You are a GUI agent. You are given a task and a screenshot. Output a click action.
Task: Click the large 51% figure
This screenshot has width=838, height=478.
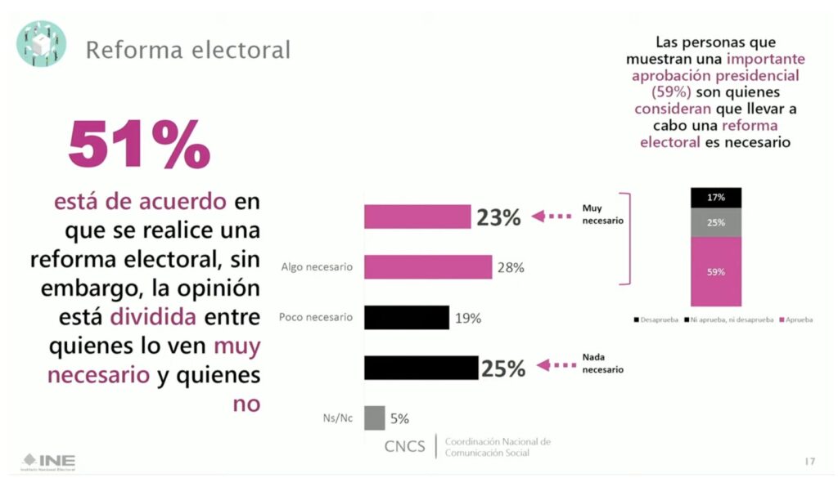point(139,145)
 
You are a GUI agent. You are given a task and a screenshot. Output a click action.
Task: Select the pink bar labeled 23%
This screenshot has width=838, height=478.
point(417,217)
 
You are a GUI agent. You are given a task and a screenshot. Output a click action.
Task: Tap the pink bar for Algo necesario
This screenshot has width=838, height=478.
point(428,267)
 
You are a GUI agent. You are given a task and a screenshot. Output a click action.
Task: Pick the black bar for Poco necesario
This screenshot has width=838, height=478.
point(407,317)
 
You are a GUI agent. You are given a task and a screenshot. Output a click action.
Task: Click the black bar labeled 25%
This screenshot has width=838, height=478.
point(421,368)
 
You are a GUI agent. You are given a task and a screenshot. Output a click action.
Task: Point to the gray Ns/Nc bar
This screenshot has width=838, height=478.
point(374,418)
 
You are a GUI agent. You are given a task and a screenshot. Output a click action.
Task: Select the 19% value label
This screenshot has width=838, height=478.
point(467,318)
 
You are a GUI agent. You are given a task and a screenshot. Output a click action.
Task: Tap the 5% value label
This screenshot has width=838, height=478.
point(399,419)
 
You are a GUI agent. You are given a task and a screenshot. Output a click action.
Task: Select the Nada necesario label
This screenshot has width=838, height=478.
point(602,364)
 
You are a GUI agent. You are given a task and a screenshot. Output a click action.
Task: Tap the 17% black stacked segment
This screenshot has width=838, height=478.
point(716,197)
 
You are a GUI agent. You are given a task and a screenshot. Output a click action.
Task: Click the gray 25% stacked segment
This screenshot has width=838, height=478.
point(716,221)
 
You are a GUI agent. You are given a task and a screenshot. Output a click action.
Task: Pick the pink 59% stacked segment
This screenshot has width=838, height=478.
point(716,272)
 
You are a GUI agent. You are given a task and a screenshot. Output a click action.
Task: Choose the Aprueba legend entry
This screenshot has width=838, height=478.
point(795,319)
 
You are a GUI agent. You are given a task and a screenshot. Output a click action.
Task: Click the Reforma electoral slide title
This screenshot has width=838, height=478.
point(187,50)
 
